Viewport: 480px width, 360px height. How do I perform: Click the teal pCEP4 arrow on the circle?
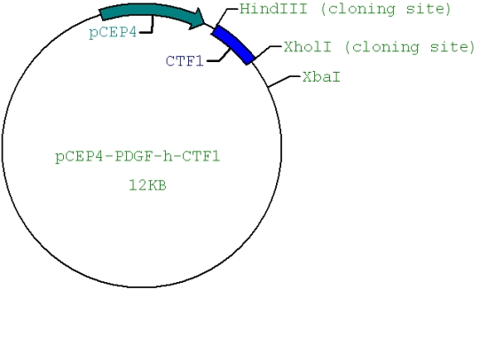coord(150,10)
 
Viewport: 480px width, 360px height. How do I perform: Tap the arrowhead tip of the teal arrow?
coord(204,23)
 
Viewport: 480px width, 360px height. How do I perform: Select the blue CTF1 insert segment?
coord(233,43)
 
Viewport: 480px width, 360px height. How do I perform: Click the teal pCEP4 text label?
coord(113,32)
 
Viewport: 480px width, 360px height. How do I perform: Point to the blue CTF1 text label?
coord(185,61)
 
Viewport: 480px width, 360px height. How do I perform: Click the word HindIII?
coord(273,8)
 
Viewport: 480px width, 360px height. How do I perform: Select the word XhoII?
coord(307,47)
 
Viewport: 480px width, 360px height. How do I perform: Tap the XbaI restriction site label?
coord(321,77)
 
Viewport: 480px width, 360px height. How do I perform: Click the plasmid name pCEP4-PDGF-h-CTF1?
coord(138,157)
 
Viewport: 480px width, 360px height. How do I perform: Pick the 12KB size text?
coord(147,185)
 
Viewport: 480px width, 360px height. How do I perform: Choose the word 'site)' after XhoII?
coord(452,47)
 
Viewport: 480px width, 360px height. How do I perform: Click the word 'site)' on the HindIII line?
coord(429,9)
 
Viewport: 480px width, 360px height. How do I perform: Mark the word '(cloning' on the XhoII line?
coord(382,48)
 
